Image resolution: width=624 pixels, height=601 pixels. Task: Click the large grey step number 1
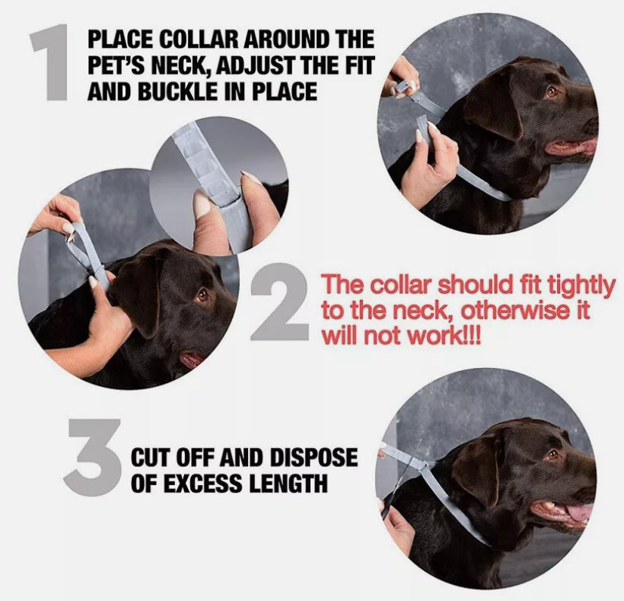53,63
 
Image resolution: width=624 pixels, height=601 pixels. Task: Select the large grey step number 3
93,456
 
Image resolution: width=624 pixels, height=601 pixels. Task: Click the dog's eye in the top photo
550,92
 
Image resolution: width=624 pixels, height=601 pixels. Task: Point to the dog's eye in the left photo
202,295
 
